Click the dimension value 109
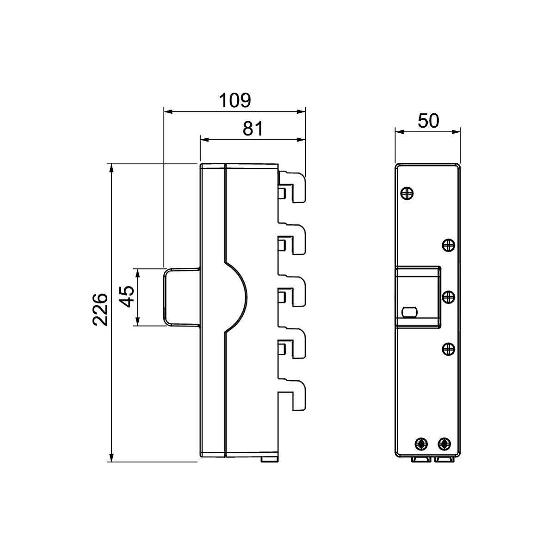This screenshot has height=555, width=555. tap(235, 100)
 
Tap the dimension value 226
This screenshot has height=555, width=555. tap(100, 309)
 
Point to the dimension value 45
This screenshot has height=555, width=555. tap(126, 296)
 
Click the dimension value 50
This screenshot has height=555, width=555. tap(428, 121)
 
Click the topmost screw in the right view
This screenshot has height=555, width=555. tap(407, 193)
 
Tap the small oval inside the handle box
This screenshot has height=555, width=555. tap(409, 312)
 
